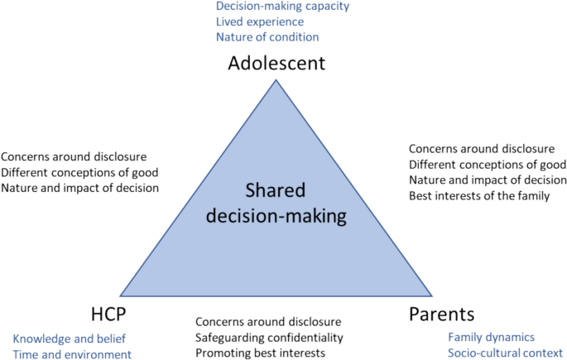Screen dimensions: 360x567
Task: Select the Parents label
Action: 443,314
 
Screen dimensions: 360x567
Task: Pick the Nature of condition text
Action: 267,36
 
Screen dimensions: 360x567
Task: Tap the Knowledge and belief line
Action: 66,339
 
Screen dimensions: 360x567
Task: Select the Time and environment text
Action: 72,354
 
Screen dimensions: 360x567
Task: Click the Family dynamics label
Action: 491,338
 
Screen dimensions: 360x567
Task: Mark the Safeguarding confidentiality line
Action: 270,338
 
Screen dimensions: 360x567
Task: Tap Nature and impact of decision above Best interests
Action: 487,180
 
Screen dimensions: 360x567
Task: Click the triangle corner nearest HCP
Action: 121,295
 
